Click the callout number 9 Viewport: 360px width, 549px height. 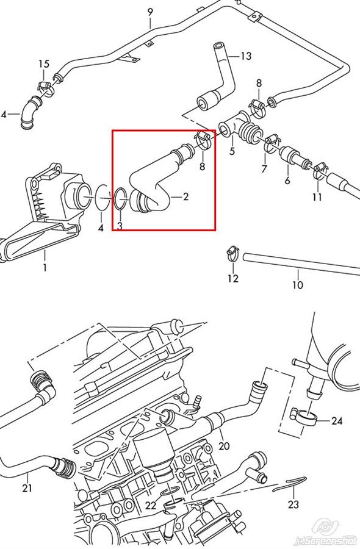(150, 12)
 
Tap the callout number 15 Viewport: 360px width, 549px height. (44, 64)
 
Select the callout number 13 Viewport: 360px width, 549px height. (246, 56)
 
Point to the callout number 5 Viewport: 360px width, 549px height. (232, 152)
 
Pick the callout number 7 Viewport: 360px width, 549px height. (264, 168)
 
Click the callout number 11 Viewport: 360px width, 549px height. (317, 197)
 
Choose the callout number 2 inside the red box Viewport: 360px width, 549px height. (185, 196)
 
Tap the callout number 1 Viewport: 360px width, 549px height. (45, 268)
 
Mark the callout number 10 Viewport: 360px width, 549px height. (297, 285)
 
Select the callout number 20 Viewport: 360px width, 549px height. (224, 446)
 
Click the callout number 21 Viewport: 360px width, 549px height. (27, 488)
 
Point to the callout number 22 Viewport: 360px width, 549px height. (151, 505)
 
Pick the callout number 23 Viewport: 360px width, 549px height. (293, 504)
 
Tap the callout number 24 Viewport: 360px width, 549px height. (337, 420)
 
